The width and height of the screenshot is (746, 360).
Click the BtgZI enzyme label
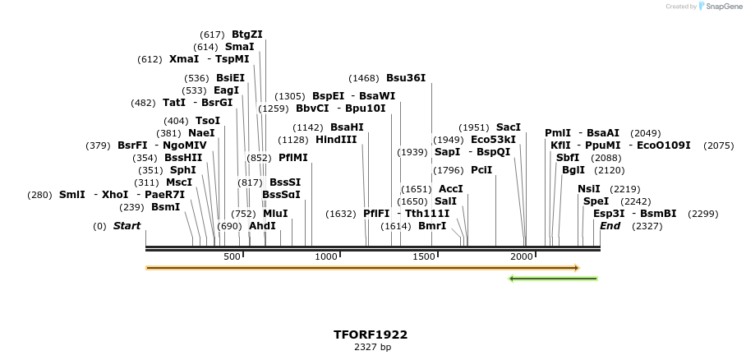coord(246,35)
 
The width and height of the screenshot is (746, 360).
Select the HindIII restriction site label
coord(336,140)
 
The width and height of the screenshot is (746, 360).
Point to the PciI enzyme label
coord(481,170)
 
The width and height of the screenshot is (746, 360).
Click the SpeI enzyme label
coord(596,201)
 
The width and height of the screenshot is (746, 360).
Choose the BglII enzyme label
coord(573,170)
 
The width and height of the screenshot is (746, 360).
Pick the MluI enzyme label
coord(275,214)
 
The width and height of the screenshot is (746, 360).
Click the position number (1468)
coord(364,78)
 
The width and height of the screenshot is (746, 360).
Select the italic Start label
coord(127,226)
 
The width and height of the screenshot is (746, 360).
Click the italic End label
coord(610,226)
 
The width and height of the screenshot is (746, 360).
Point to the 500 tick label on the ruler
coord(232,256)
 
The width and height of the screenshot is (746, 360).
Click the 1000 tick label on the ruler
coord(327,256)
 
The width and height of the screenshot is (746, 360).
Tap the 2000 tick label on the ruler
coord(522,256)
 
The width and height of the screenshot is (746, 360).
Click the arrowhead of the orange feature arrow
coord(577,268)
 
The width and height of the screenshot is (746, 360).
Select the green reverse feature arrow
coord(553,279)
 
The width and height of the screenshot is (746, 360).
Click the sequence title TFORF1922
coord(371,335)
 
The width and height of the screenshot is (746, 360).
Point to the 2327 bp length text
coord(371,348)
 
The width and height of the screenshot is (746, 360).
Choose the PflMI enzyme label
coord(292,158)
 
